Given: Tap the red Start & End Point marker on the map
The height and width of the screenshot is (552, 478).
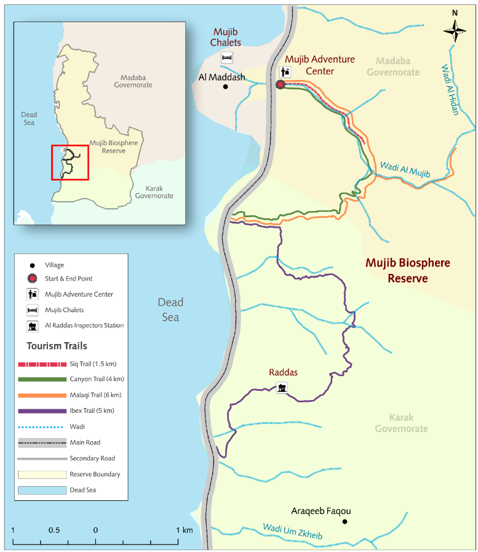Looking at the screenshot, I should tap(280, 84).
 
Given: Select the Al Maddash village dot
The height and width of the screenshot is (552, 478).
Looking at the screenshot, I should tap(226, 87).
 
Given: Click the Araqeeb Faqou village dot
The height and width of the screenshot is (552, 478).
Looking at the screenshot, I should tap(345, 522).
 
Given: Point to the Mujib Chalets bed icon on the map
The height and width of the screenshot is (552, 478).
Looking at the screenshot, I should tap(227, 57).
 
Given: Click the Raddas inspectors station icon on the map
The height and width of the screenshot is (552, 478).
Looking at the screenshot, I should tap(282, 388).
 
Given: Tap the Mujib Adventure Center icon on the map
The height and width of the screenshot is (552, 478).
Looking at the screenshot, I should tap(285, 71).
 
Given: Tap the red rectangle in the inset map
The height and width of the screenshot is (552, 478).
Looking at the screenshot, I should tap(70, 162).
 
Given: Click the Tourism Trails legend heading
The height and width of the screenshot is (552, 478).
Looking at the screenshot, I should tap(57, 346).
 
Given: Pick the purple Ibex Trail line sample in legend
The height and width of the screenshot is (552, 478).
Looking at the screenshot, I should tap(42, 410).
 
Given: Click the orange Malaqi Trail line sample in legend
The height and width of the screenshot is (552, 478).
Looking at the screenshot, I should tap(42, 394).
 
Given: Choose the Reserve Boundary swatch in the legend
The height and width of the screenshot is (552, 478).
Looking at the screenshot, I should tap(42, 474).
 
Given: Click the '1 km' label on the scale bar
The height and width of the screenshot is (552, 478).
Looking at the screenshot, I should tap(184, 530).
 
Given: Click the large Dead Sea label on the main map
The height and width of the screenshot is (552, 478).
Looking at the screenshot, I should tap(170, 310).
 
